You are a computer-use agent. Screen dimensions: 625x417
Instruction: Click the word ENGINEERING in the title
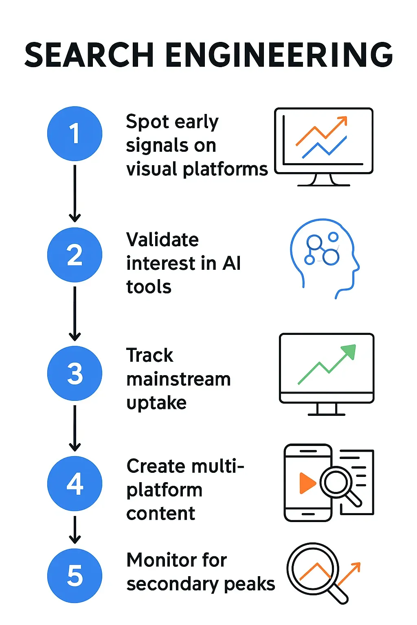click(279, 55)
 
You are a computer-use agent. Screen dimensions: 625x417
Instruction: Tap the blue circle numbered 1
click(75, 133)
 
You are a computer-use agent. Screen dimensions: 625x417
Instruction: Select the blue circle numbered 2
click(75, 255)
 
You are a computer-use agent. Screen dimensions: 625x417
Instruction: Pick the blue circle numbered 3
click(75, 373)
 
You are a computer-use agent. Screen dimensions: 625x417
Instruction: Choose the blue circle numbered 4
click(75, 483)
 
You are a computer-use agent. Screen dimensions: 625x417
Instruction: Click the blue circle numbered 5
click(75, 575)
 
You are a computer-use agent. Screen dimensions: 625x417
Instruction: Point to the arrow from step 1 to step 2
click(75, 193)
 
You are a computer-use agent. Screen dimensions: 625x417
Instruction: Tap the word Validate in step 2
click(162, 240)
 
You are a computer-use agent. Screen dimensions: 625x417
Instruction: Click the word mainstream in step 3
click(178, 379)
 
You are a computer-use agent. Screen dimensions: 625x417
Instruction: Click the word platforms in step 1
click(225, 169)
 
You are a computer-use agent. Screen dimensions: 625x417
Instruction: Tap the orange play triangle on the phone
click(307, 483)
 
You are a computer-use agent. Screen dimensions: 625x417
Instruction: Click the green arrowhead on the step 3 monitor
click(349, 352)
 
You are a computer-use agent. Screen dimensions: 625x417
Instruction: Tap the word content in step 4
click(161, 514)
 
